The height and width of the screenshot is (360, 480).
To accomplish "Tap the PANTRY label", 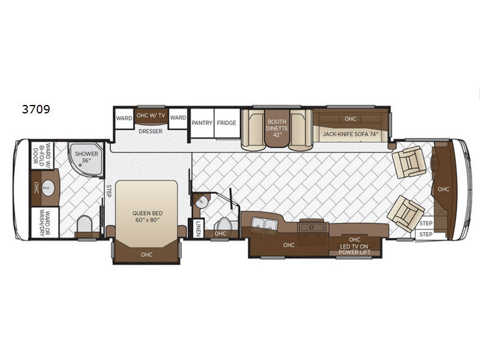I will click(202, 123).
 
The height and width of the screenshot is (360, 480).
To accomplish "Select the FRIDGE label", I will click(227, 123).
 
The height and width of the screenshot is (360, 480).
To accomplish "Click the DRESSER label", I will click(150, 131).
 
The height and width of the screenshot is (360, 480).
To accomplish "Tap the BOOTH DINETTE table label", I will click(277, 127).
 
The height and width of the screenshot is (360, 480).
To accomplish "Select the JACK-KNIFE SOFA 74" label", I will click(351, 134).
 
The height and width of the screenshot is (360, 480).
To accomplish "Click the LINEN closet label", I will click(199, 228).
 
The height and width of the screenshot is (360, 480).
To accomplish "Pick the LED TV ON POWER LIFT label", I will click(355, 246).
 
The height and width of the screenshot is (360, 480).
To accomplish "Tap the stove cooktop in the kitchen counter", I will click(312, 227).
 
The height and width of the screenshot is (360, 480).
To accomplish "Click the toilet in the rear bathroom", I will click(85, 225).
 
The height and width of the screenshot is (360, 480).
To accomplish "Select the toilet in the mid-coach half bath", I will click(221, 221).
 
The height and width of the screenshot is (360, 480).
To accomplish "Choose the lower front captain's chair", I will click(406, 213).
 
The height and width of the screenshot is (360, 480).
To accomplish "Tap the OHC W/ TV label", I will click(150, 116).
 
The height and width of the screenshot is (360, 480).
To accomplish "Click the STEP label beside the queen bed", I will click(109, 190).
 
